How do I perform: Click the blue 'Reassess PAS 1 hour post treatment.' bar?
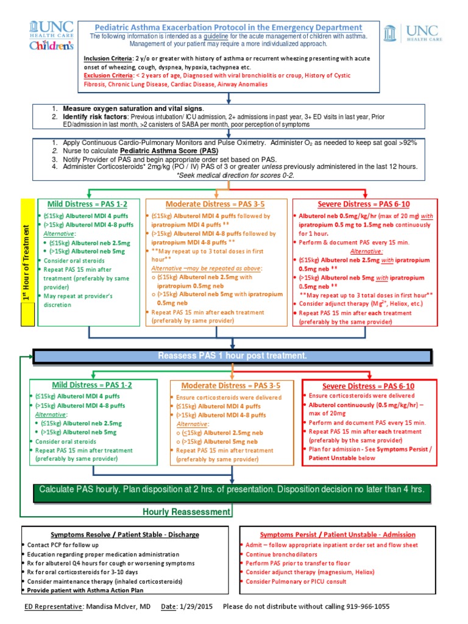pyautogui.click(x=232, y=356)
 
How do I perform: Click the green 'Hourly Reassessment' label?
pyautogui.click(x=186, y=512)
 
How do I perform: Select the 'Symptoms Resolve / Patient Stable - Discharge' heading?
pyautogui.click(x=125, y=534)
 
